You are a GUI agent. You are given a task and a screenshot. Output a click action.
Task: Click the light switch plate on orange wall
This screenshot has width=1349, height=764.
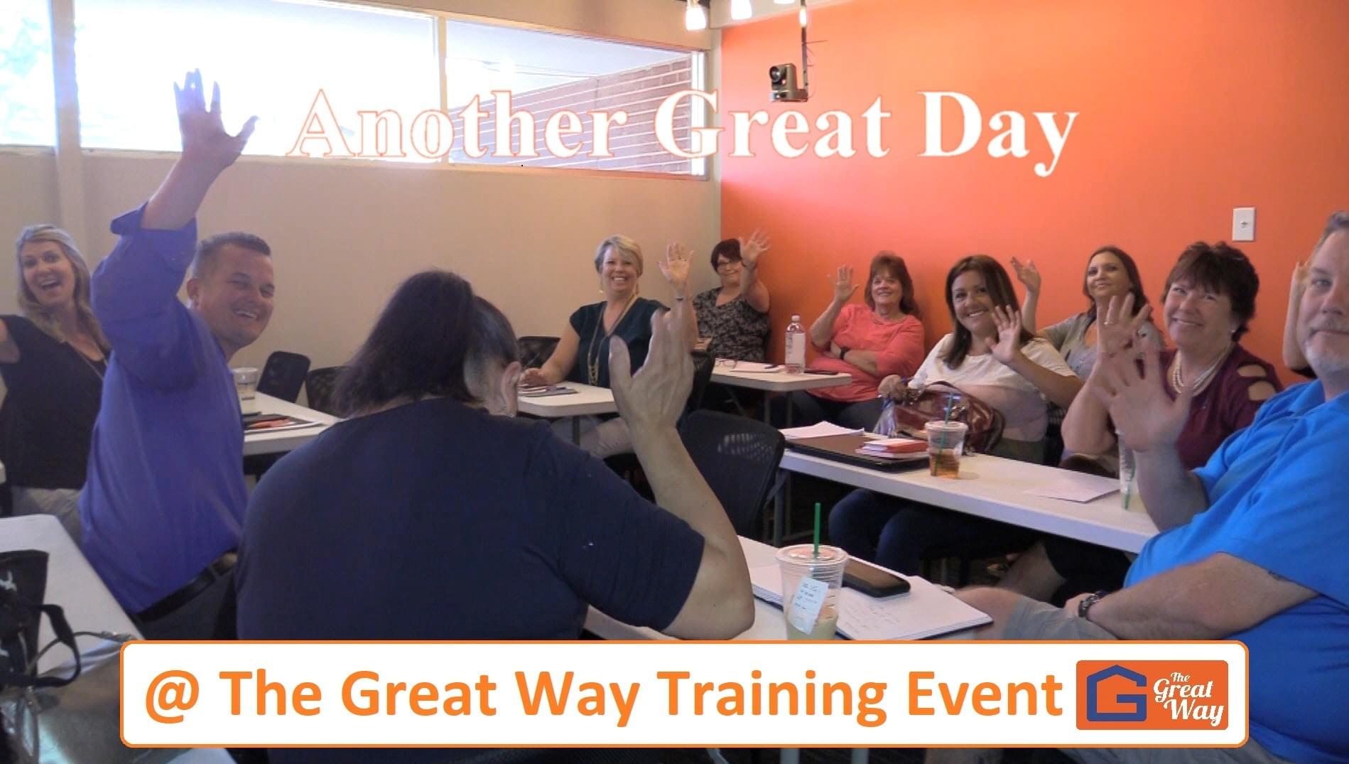tap(1242, 224)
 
